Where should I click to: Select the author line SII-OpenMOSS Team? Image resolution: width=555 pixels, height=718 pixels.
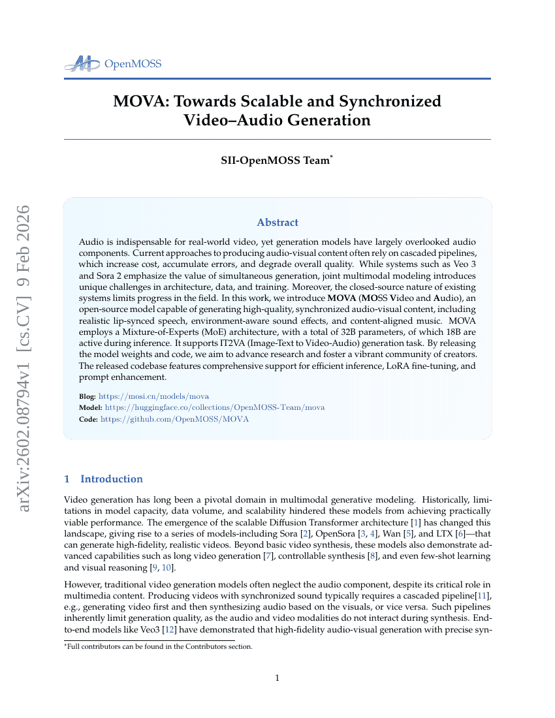(x=277, y=161)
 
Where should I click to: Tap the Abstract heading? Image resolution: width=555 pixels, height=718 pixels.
(x=277, y=223)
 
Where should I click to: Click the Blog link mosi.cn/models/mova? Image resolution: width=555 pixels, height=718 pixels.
(x=153, y=396)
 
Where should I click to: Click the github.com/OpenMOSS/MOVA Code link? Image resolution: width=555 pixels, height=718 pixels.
(x=174, y=419)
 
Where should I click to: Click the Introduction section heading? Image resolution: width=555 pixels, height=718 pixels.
(x=111, y=479)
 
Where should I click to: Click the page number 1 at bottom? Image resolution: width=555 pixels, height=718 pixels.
(x=277, y=678)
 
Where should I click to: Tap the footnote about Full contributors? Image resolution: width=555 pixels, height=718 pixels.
(x=158, y=647)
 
